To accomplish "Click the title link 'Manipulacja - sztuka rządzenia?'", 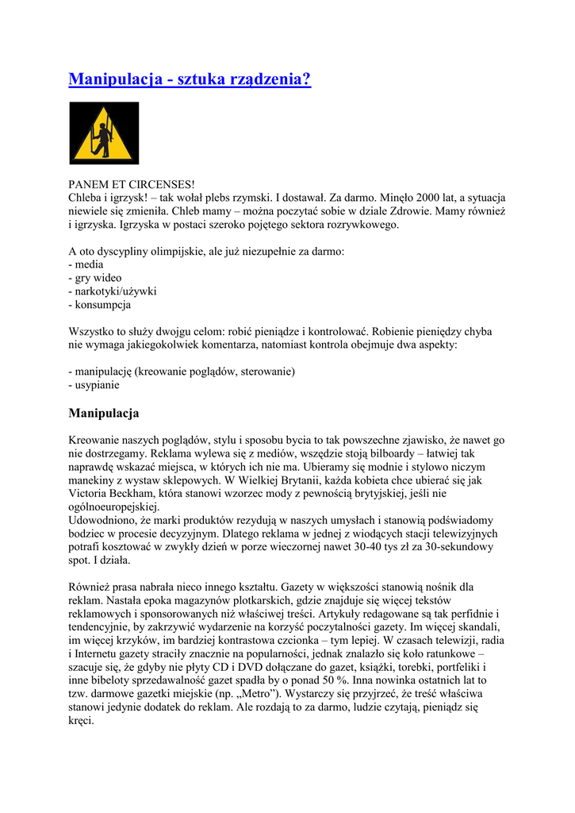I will [190, 79].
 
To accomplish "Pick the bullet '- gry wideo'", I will [95, 278].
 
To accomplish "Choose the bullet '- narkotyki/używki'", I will [113, 291].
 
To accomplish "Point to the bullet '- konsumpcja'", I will [100, 305].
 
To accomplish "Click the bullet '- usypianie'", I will [94, 385].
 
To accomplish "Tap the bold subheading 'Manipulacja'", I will [104, 414].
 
